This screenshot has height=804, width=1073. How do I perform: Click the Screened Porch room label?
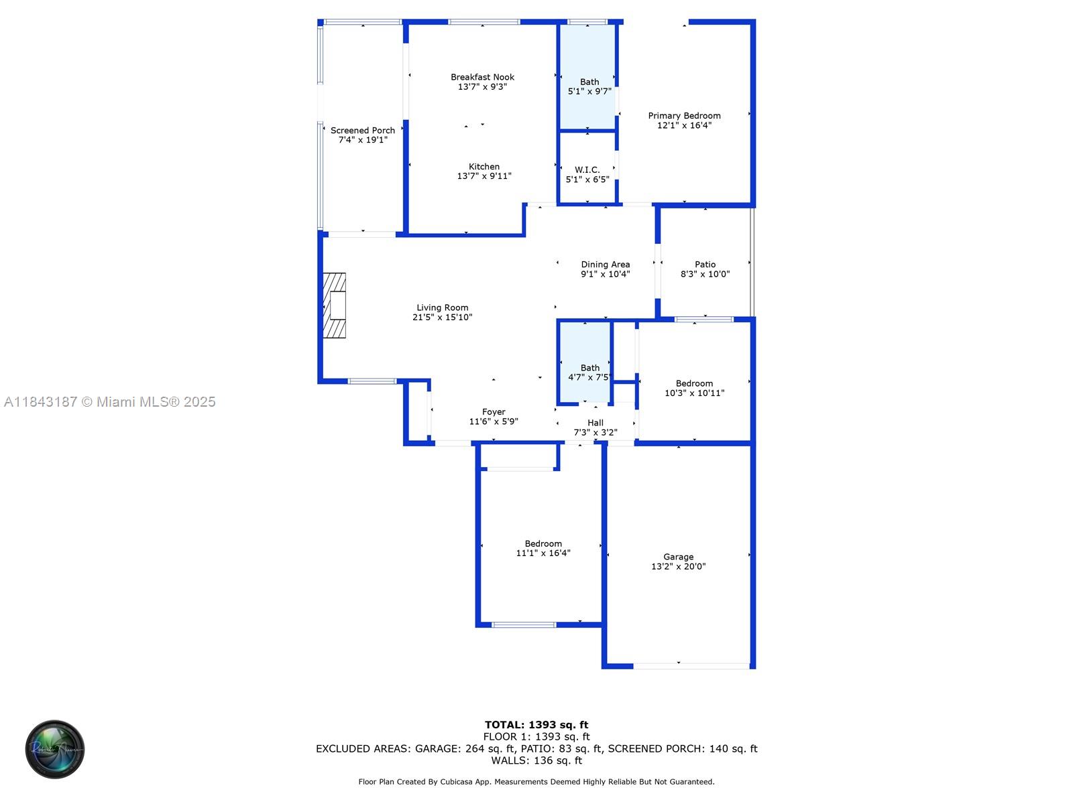362,131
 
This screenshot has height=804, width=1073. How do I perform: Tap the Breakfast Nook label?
482,77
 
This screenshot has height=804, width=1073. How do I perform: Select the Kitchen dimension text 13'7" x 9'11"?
484,176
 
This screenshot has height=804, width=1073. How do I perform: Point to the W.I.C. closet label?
587,170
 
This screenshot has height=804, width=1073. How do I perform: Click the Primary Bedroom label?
684,116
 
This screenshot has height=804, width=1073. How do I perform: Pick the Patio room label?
705,265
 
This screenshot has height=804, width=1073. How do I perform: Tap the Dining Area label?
605,265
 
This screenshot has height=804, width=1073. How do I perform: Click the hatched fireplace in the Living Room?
335,305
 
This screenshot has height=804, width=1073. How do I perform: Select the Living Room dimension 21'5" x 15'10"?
442,318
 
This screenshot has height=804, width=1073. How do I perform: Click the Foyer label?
493,412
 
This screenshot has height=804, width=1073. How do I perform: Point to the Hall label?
595,423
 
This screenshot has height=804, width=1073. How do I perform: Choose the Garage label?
678,557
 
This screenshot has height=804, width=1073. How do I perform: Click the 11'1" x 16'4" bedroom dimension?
543,553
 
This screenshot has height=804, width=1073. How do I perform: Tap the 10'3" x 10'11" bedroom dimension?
694,393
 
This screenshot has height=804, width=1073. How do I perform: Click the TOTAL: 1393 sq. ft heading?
536,725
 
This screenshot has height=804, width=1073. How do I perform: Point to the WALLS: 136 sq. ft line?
536,760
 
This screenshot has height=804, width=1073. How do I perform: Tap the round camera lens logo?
55,749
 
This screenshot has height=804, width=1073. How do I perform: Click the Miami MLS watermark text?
109,402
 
